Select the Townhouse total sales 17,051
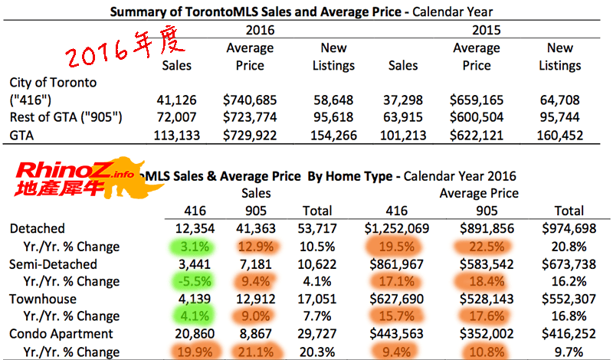pyautogui.click(x=316, y=299)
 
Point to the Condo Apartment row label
pyautogui.click(x=62, y=334)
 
